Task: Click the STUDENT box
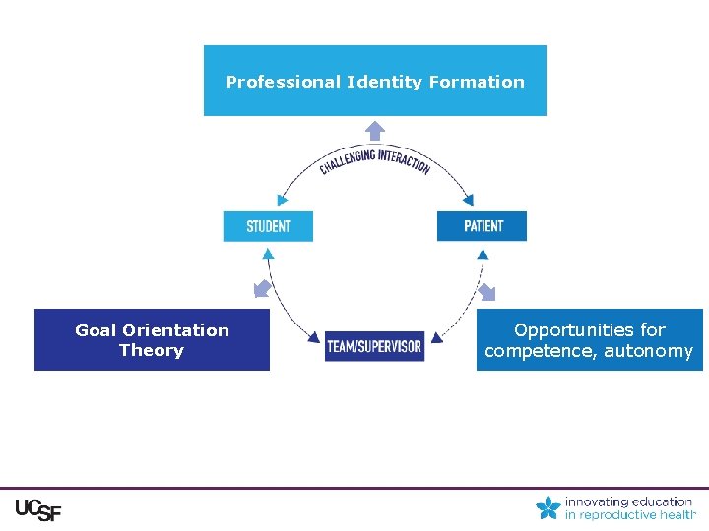click(268, 226)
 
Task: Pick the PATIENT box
click(483, 226)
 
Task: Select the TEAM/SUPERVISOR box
click(374, 346)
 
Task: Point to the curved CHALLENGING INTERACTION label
click(374, 159)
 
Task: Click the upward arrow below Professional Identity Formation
click(375, 129)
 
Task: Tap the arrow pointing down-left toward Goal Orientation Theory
click(262, 288)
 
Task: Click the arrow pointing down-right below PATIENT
click(486, 292)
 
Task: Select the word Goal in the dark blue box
click(96, 330)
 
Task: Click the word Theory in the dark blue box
click(152, 350)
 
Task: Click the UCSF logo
click(37, 510)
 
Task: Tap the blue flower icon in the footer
click(548, 507)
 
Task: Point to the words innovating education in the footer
click(628, 501)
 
